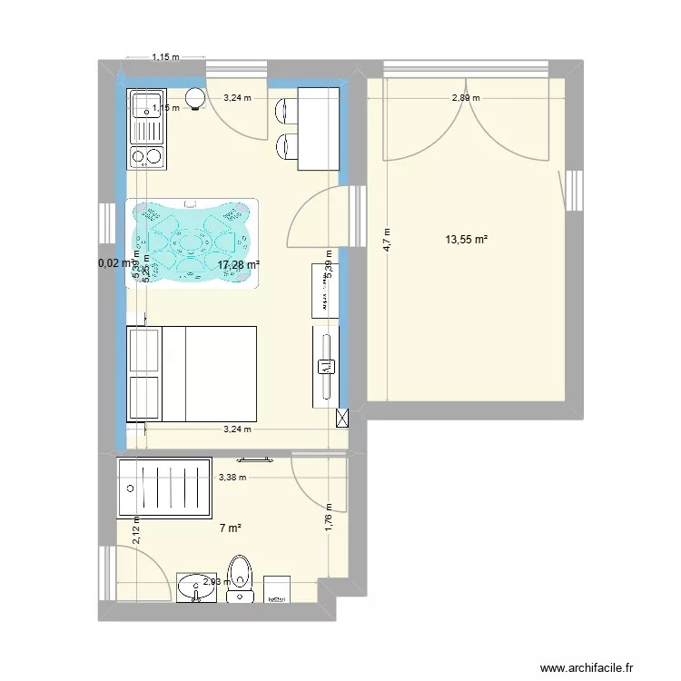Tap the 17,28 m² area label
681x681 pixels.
(x=238, y=264)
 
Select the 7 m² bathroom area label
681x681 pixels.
(x=230, y=528)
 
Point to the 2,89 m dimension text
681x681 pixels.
(x=465, y=98)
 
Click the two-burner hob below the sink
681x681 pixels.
(x=146, y=157)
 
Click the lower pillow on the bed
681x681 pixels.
(x=143, y=397)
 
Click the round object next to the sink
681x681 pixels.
(x=194, y=99)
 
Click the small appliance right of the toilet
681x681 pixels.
(x=276, y=588)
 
